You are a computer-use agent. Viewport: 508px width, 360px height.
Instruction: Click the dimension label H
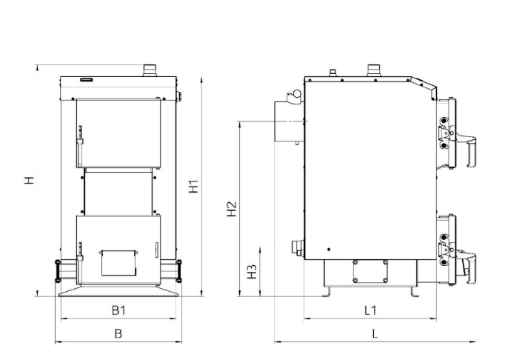[30, 180]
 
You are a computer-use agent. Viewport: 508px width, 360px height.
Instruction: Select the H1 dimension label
[194, 187]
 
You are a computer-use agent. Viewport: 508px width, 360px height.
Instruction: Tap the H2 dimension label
[232, 209]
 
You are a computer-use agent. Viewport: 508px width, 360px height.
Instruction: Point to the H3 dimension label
[252, 272]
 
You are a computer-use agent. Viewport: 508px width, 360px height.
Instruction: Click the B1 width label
[118, 310]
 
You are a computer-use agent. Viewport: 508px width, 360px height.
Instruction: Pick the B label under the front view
[118, 333]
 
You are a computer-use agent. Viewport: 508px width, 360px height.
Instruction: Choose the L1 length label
[370, 310]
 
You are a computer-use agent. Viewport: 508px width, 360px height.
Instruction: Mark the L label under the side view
[375, 333]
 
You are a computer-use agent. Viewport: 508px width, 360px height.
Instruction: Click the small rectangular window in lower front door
[118, 263]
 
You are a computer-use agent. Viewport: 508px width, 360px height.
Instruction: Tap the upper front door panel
[118, 133]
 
